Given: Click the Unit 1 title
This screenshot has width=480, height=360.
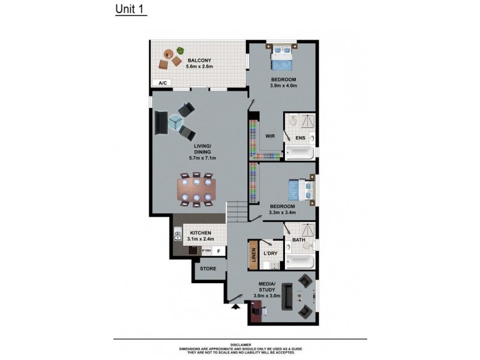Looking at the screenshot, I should coord(130,10).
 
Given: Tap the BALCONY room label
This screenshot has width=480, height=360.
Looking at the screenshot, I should coord(198,61).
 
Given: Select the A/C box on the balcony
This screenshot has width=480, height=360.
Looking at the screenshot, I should coord(163,83).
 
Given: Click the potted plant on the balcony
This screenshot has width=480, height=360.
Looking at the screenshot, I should coord(179,52).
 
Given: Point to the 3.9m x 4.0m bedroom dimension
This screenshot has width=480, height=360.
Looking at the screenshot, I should coord(284,86).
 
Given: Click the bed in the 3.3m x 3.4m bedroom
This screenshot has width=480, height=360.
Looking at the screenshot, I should coord(300,190).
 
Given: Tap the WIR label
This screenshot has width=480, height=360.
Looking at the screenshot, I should coord(270,136).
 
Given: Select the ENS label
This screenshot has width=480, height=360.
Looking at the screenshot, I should coord(300,139).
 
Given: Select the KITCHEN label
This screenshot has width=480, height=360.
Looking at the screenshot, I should coord(200,233).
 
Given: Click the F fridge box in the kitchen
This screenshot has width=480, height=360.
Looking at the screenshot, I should coord(219,251).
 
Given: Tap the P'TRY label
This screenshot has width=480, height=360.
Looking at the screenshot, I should coord(207,251).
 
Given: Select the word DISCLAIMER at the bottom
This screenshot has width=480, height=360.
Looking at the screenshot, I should coord(239,344).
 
